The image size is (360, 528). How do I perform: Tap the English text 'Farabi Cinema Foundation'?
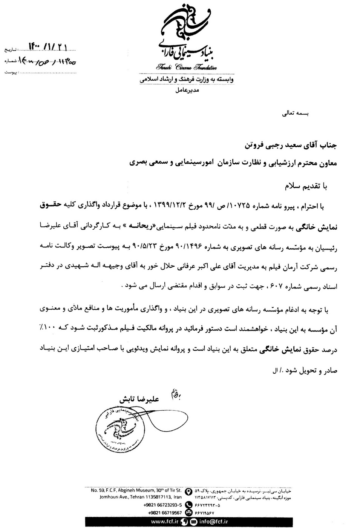187,68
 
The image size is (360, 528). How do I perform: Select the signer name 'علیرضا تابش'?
140,399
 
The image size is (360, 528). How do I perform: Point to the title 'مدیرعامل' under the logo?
187,91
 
